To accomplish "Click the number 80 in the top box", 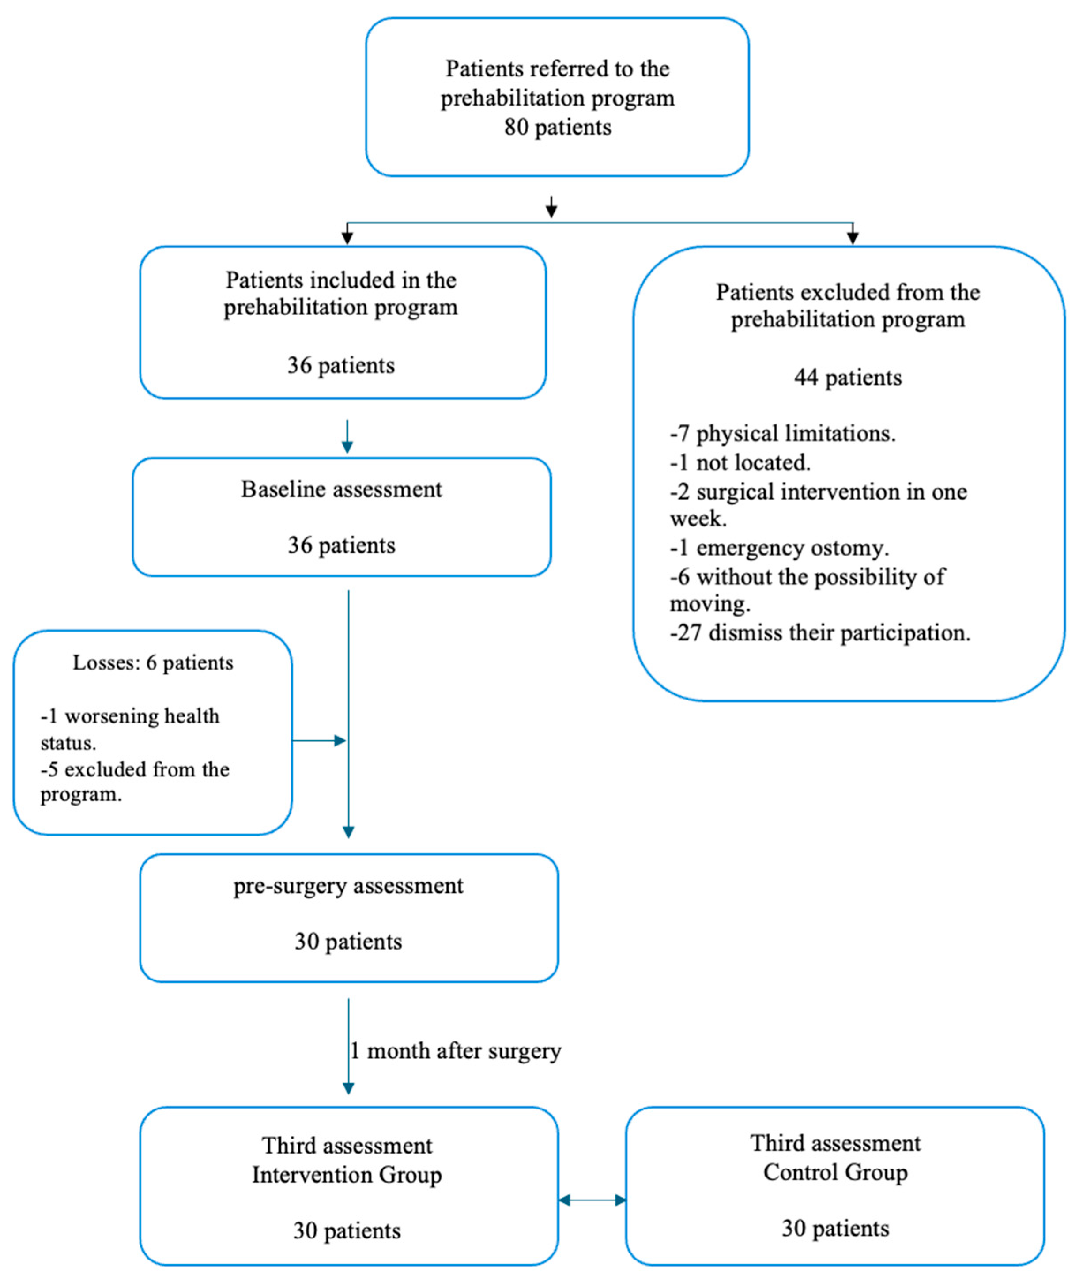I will point(516,128).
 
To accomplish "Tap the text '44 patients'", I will point(848,377).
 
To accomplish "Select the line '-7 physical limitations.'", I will point(782,434).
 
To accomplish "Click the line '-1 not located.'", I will point(740,462).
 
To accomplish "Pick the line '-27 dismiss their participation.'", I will point(819,632).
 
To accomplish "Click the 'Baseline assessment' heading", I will point(341,489).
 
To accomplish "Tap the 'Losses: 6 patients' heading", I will point(153,662).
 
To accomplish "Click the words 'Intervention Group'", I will point(347,1174).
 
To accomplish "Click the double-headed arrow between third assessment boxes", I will point(592,1200).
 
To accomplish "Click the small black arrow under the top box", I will point(551,207).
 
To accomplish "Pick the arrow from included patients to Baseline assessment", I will point(347,437).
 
